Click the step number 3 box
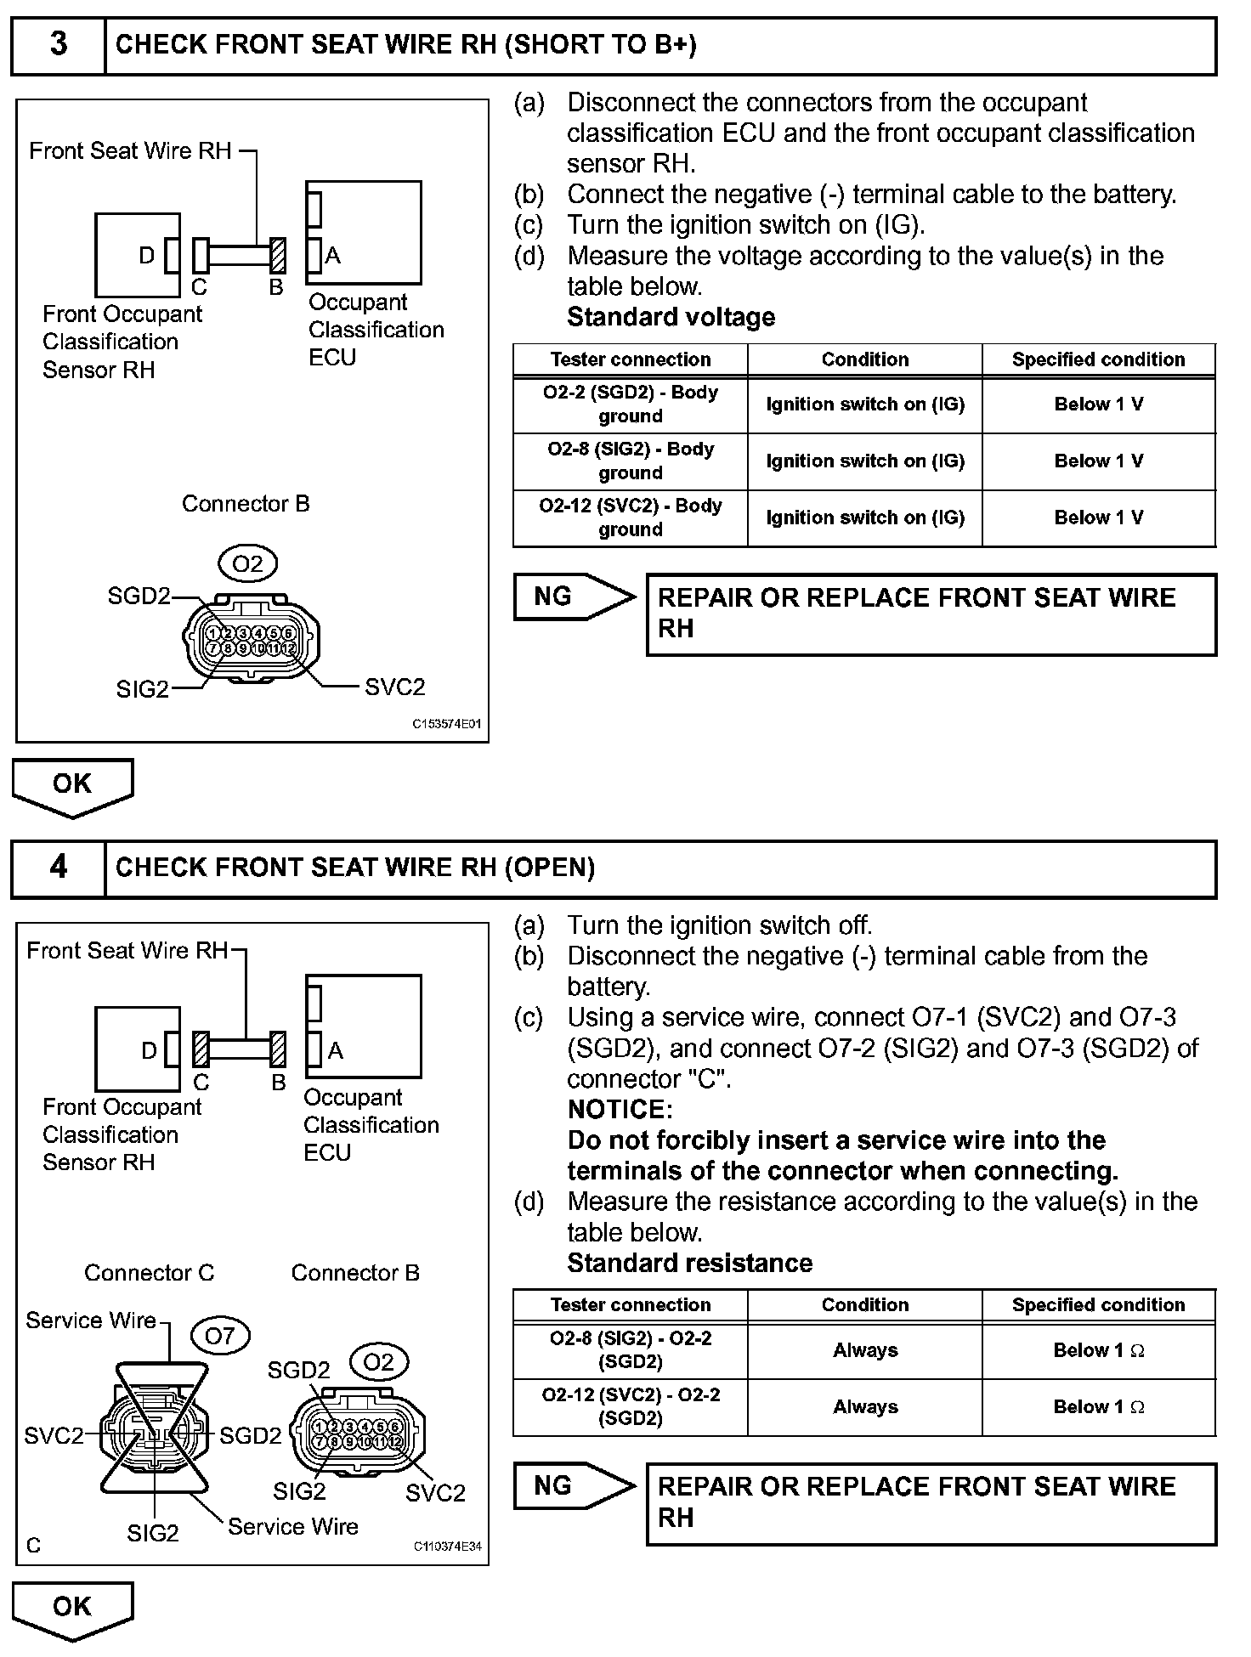[x=58, y=45]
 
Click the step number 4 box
[x=58, y=868]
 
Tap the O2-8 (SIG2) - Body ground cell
[x=630, y=461]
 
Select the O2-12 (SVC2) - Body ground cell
[x=630, y=517]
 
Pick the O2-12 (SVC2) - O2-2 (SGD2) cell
[x=630, y=1407]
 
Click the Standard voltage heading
[x=671, y=317]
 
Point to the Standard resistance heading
[x=689, y=1264]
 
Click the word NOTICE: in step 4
[x=620, y=1110]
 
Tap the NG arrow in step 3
[x=572, y=597]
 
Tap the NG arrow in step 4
[x=572, y=1486]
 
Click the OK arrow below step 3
[x=72, y=786]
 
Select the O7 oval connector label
[x=219, y=1336]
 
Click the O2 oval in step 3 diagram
[x=247, y=563]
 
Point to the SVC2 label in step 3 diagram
[x=394, y=687]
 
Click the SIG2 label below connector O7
[x=153, y=1533]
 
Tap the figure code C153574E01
[x=447, y=725]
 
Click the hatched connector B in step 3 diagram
[x=277, y=255]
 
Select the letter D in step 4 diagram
[x=149, y=1051]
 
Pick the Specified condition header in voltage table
[x=1098, y=359]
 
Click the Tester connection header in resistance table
[x=630, y=1305]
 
